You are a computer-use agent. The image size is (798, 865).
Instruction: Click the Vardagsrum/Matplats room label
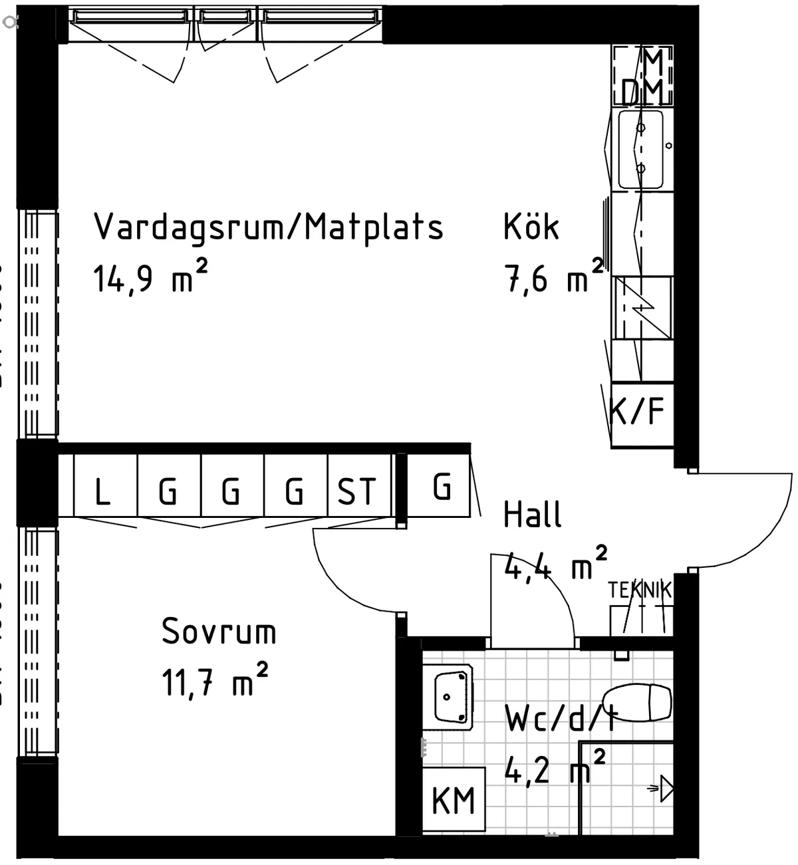click(x=268, y=227)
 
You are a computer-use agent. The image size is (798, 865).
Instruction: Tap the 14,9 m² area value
click(x=150, y=278)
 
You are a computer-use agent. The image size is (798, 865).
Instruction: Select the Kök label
click(x=531, y=227)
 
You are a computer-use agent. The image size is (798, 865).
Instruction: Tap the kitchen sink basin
click(x=641, y=149)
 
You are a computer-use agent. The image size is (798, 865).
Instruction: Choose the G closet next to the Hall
click(x=441, y=487)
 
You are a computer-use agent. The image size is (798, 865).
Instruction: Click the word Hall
click(x=532, y=515)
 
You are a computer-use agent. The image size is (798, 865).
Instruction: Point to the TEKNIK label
click(x=640, y=589)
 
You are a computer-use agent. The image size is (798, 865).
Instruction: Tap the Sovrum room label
click(x=219, y=632)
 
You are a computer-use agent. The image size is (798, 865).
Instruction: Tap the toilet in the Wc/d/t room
click(x=638, y=702)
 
